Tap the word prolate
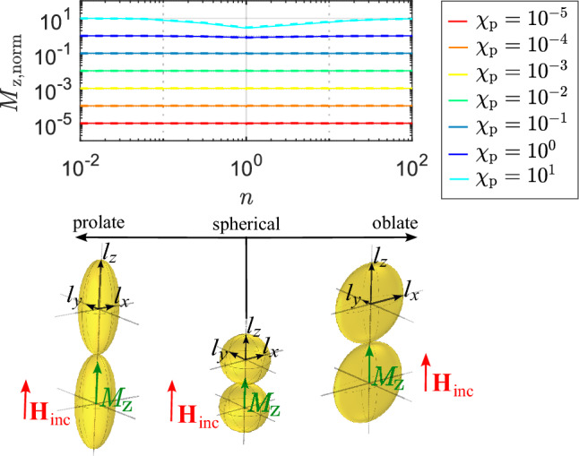pos(99,222)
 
